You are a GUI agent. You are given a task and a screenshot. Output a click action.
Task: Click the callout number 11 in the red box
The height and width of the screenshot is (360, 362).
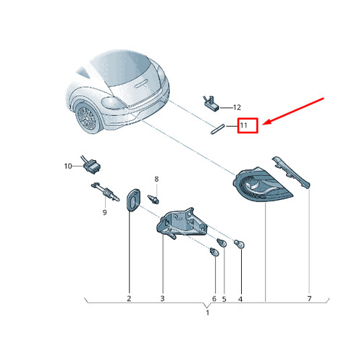(x=243, y=125)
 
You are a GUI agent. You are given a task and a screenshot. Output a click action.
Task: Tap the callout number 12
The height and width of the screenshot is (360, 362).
(x=237, y=107)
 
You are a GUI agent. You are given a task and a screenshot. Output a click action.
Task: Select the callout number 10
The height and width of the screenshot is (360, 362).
(x=68, y=166)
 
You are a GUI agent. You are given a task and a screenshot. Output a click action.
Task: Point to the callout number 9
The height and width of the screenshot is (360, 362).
(x=104, y=212)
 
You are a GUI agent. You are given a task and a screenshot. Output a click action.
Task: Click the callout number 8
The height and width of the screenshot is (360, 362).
(x=156, y=179)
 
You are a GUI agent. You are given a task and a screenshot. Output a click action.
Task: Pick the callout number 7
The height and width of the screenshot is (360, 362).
(x=309, y=298)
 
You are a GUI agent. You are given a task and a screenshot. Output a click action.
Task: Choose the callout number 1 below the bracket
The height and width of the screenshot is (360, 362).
(x=208, y=313)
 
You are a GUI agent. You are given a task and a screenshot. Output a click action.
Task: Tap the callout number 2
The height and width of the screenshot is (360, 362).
(x=129, y=298)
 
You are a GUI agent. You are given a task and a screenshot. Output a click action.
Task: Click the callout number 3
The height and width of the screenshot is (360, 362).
(x=162, y=298)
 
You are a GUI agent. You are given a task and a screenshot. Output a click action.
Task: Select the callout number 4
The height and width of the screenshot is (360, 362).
(x=240, y=299)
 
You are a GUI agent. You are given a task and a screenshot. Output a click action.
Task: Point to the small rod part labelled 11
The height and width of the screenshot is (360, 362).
(x=218, y=129)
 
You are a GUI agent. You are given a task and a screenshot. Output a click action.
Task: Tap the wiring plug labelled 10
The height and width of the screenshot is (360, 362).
(x=92, y=166)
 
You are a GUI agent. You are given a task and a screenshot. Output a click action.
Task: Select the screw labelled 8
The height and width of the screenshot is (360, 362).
(x=153, y=199)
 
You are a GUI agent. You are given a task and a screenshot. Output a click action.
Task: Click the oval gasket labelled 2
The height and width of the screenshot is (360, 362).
(x=132, y=200)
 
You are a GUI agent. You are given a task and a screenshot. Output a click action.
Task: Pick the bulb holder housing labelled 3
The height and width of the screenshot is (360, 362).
(x=182, y=223)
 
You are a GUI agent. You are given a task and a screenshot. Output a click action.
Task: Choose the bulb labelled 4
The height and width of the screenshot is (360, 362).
(x=240, y=244)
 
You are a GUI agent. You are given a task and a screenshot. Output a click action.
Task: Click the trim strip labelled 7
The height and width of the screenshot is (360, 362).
(x=291, y=172)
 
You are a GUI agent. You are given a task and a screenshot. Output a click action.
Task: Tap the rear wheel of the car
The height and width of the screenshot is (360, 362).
(x=88, y=118)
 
